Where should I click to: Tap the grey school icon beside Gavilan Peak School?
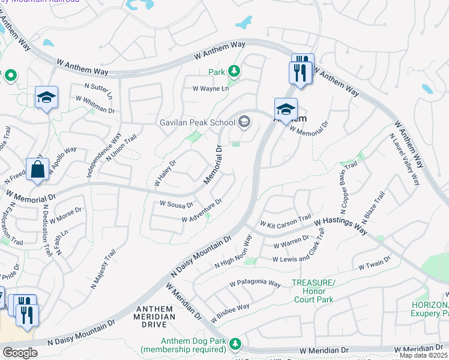click(x=244, y=122)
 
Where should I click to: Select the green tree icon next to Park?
click(x=234, y=72)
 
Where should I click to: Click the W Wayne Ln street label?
click(x=211, y=89)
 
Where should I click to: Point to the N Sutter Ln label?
click(x=98, y=91)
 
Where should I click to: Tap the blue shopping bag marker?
click(x=37, y=169)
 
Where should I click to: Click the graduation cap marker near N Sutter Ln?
click(x=46, y=98)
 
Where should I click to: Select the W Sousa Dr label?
click(x=176, y=204)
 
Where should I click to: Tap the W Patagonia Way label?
click(x=255, y=283)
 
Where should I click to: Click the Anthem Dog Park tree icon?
click(x=236, y=343)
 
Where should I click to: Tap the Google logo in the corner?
click(x=20, y=353)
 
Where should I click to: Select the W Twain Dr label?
click(x=374, y=262)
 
